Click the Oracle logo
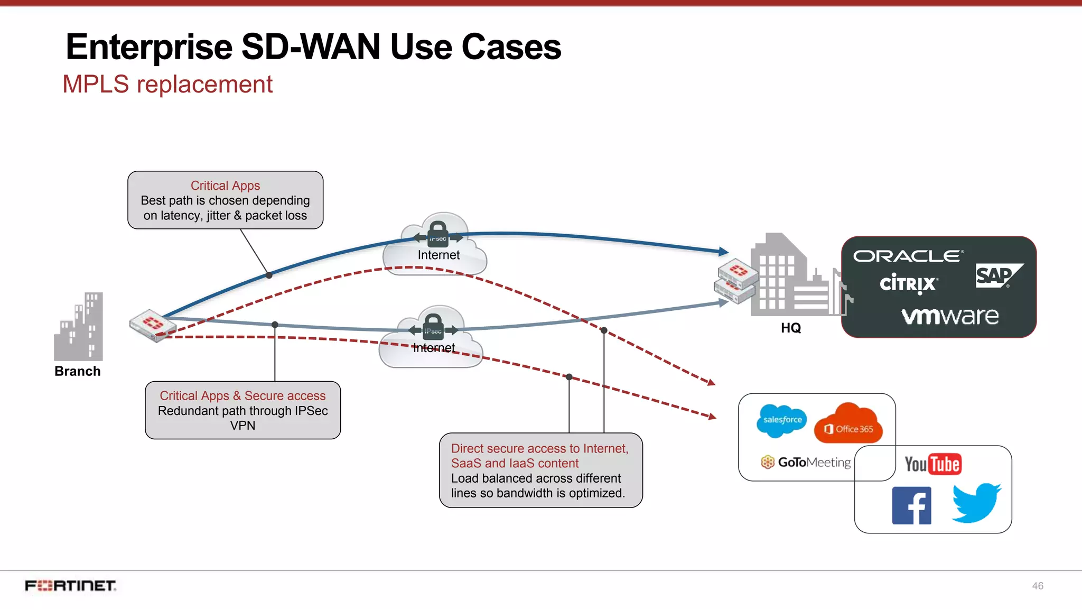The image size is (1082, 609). pyautogui.click(x=908, y=256)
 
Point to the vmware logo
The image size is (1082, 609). pyautogui.click(x=950, y=316)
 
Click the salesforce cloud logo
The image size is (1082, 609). pyautogui.click(x=782, y=420)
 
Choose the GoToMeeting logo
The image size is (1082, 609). pyautogui.click(x=806, y=463)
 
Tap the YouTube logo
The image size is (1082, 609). pyautogui.click(x=932, y=464)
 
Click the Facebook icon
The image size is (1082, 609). pyautogui.click(x=911, y=505)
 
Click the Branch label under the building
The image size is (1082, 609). pyautogui.click(x=78, y=371)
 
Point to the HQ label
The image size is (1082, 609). pyautogui.click(x=791, y=328)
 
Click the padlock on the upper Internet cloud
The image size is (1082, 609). pyautogui.click(x=438, y=233)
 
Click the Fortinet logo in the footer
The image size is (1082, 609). pyautogui.click(x=70, y=586)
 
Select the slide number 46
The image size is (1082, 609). pyautogui.click(x=1038, y=586)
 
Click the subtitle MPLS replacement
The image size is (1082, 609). pyautogui.click(x=167, y=85)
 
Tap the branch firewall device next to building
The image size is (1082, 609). pyautogui.click(x=152, y=325)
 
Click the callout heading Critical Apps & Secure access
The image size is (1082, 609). pyautogui.click(x=242, y=396)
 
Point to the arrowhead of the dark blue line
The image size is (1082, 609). pyautogui.click(x=724, y=252)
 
